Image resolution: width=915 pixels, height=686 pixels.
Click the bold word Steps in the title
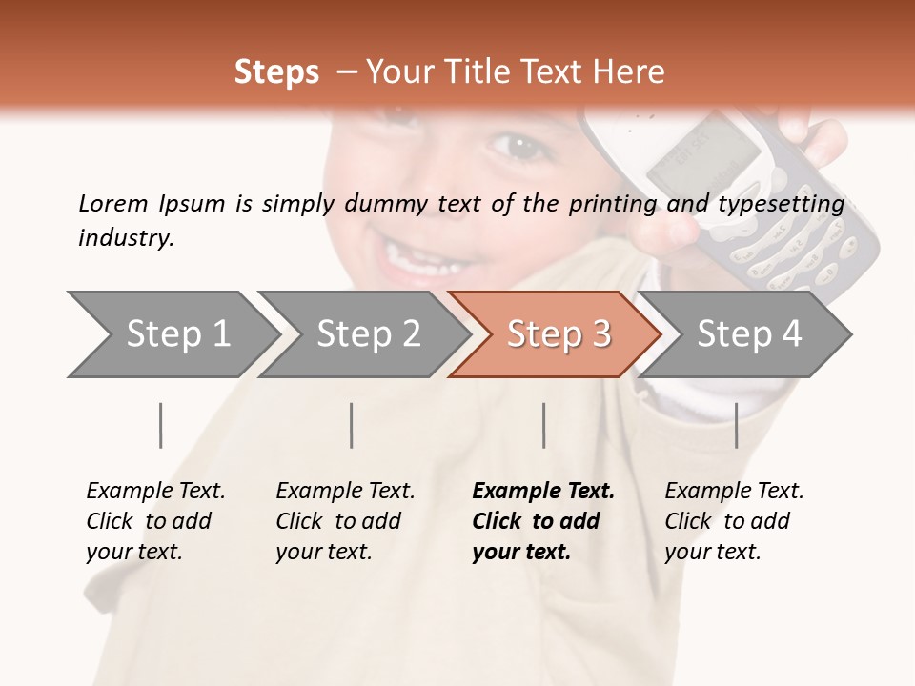pos(276,72)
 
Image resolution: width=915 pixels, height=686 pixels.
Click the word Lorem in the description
pos(112,204)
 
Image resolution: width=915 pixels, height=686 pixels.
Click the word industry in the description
pos(125,238)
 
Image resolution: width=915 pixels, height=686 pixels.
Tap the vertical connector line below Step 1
pos(161,425)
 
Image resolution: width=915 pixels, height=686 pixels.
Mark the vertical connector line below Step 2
pos(352,425)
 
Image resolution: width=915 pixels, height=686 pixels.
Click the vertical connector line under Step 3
pos(543,425)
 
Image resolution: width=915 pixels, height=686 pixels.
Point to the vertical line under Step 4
pos(736,425)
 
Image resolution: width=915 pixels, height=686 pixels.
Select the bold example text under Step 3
pos(542,521)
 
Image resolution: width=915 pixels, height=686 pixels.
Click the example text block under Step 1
pos(155,521)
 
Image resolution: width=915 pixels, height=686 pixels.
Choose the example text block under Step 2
pos(345,521)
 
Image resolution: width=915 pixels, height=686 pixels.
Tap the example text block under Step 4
pos(734,521)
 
